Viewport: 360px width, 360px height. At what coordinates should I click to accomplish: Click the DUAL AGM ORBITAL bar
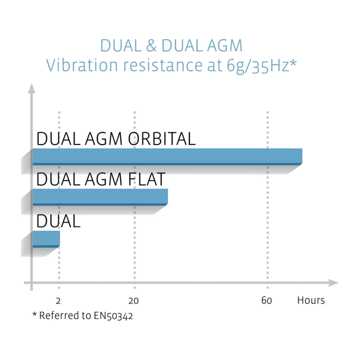[167, 157]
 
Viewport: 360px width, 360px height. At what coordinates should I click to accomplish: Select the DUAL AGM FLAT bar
[100, 197]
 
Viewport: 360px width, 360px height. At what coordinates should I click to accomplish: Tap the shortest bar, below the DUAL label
[46, 239]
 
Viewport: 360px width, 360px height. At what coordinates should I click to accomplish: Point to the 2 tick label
[58, 301]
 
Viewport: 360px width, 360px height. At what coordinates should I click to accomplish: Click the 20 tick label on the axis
[133, 301]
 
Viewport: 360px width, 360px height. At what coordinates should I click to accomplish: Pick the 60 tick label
[266, 301]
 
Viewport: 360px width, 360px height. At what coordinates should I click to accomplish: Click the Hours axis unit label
[311, 300]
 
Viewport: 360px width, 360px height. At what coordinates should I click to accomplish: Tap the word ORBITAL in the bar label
[162, 139]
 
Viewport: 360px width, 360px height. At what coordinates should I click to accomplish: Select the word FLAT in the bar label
[146, 179]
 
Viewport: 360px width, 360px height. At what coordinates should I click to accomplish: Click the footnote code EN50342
[113, 316]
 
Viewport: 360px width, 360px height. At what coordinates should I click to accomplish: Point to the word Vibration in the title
[82, 65]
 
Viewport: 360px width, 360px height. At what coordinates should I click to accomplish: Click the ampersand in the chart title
[151, 45]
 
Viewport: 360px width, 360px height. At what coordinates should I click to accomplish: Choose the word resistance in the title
[163, 65]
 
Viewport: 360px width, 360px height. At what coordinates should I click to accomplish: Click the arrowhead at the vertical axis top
[32, 89]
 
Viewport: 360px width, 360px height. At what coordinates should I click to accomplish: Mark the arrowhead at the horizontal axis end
[333, 282]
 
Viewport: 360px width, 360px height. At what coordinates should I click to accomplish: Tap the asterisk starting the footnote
[35, 314]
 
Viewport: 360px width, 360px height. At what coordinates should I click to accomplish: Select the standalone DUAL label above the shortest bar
[58, 221]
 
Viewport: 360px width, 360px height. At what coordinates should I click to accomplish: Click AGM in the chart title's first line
[224, 45]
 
